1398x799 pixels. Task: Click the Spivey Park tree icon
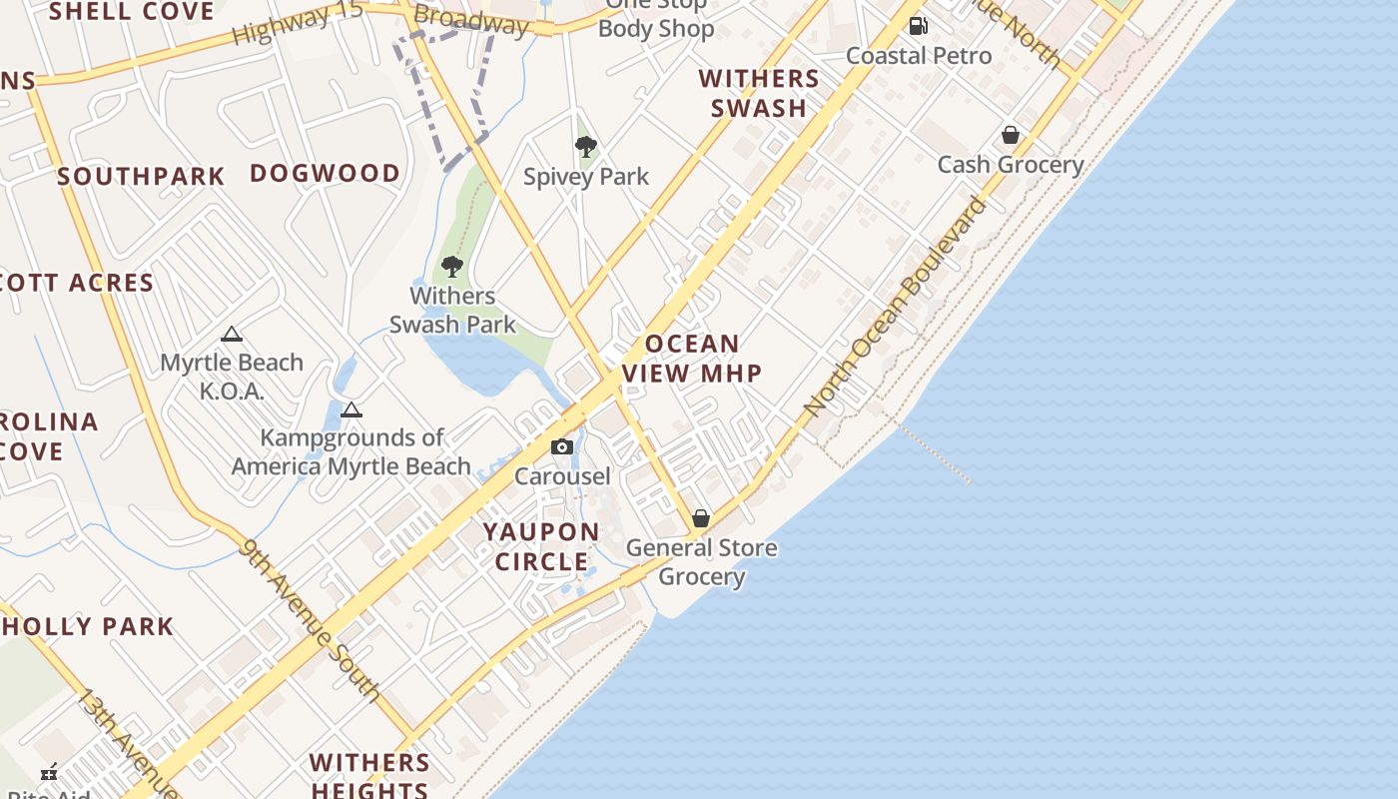click(586, 148)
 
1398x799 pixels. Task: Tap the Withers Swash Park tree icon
click(452, 267)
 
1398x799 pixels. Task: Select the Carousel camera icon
click(562, 446)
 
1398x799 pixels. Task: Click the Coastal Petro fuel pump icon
click(918, 26)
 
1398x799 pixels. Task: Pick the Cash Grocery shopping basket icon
click(1011, 135)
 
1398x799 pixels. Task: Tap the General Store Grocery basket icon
click(701, 518)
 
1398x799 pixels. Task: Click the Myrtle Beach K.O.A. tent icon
click(232, 335)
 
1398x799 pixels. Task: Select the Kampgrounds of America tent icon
click(350, 409)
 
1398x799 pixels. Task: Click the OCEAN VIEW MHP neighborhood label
click(692, 359)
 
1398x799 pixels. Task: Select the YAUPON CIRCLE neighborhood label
click(542, 546)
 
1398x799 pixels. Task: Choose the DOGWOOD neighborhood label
click(325, 173)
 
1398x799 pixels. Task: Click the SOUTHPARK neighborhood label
click(141, 177)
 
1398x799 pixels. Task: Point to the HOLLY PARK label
click(88, 627)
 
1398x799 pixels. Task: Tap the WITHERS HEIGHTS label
click(369, 776)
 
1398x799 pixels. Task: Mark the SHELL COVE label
click(132, 12)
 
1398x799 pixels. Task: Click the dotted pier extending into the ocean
click(934, 452)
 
